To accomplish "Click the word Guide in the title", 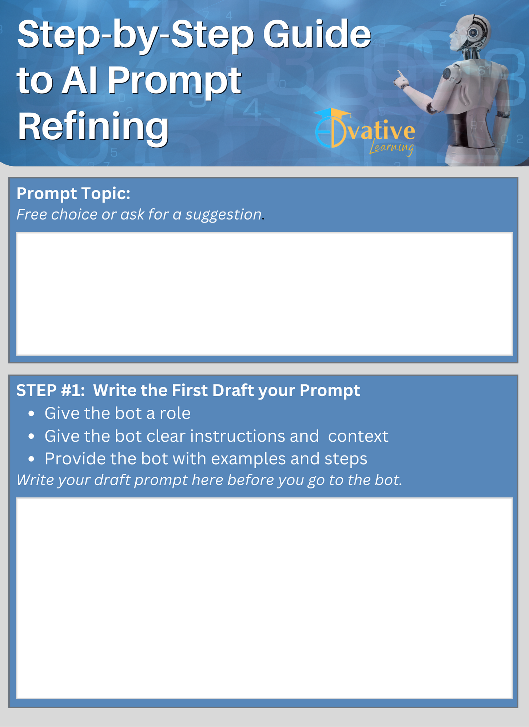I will (317, 35).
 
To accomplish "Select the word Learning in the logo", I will (391, 148).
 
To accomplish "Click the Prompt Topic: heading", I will (73, 193).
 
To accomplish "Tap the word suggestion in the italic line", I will (223, 214).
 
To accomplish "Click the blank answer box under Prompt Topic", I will (264, 294).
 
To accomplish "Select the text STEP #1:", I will (51, 390).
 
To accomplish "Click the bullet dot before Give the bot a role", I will (31, 414).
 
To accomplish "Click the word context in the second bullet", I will (358, 436).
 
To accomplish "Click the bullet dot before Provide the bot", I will (31, 459).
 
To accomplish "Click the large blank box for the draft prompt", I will (264, 598).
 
